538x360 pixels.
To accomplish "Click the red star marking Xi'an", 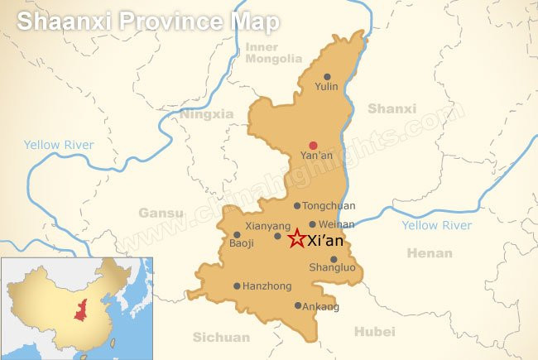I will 296,239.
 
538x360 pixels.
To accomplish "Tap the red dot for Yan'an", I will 313,146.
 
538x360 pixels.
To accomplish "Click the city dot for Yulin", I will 327,77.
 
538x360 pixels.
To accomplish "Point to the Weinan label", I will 337,224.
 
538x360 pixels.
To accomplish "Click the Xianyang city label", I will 267,225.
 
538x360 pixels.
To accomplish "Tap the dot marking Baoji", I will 237,235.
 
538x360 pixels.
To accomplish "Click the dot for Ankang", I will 298,305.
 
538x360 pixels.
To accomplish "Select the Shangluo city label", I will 332,268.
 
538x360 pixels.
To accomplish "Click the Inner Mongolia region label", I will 274,53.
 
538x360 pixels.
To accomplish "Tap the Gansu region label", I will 161,213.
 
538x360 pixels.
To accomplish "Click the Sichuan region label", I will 221,337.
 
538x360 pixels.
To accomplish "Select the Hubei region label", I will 375,332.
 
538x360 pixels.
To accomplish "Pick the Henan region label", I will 430,253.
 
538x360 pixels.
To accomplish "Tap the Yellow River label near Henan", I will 436,225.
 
